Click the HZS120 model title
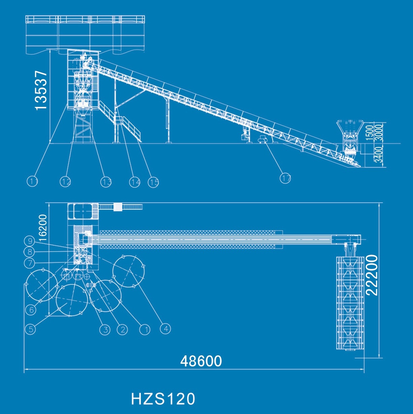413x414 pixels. [x=163, y=399]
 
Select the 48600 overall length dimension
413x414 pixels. [x=201, y=361]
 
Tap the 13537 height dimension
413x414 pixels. [x=41, y=90]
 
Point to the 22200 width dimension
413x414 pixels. [x=372, y=275]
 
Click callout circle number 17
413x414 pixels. [x=285, y=178]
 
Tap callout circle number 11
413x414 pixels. [x=32, y=181]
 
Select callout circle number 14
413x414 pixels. [x=135, y=182]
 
